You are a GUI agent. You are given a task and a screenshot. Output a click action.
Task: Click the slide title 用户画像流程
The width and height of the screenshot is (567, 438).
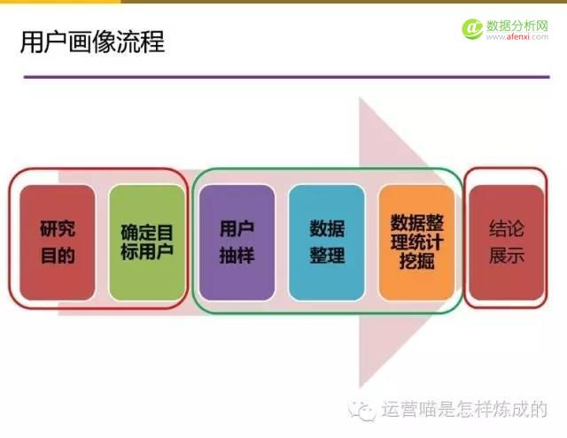tap(92, 42)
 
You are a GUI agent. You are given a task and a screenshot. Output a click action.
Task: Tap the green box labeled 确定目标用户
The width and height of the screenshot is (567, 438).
tap(147, 242)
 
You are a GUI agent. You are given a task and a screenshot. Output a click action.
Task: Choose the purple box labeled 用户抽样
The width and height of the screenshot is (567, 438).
tap(237, 242)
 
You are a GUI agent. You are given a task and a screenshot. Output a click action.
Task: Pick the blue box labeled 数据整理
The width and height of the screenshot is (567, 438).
tap(326, 242)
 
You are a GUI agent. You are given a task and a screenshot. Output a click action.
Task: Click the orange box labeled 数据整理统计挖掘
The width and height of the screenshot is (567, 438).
tap(416, 242)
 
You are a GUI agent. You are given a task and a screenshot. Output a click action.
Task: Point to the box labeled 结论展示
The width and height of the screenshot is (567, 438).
tap(507, 242)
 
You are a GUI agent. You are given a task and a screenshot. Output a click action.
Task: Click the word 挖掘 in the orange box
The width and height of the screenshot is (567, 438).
tap(416, 263)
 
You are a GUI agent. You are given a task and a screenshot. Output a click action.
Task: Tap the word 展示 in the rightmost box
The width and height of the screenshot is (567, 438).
tap(507, 256)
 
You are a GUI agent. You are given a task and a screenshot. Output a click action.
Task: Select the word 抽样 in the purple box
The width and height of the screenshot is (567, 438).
tap(237, 256)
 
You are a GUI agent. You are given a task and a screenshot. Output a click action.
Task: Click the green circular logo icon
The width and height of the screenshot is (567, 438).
tap(471, 28)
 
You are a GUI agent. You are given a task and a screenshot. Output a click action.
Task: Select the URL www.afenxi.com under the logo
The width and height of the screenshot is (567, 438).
tap(522, 38)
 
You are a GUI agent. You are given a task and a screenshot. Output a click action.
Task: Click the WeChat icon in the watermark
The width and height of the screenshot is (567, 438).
tap(363, 410)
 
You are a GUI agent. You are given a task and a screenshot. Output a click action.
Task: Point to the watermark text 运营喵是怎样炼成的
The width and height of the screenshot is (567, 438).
tap(464, 410)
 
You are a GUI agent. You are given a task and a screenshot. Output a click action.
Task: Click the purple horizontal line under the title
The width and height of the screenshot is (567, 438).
tap(283, 77)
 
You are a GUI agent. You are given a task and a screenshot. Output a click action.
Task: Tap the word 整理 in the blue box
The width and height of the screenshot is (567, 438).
tap(326, 256)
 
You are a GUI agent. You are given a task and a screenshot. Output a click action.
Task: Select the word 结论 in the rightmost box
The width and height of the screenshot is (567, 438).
tap(507, 229)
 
